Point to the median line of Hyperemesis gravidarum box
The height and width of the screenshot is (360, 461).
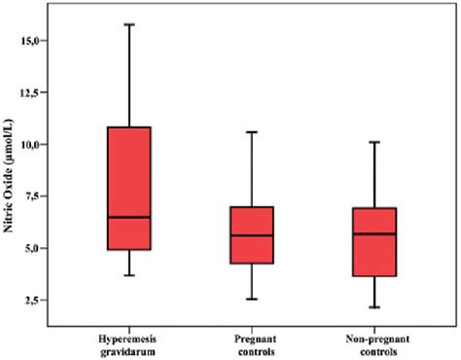pos(129,217)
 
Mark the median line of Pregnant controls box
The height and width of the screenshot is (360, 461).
pos(252,235)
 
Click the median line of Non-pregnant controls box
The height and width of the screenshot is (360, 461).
pos(374,234)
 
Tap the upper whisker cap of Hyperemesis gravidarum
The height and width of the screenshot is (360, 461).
pos(129,23)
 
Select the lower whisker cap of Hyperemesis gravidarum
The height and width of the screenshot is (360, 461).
pos(129,275)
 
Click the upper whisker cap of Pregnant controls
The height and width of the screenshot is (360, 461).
pos(252,131)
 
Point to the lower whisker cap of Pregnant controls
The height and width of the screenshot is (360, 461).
pos(252,299)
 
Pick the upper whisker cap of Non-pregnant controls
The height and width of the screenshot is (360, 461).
pos(374,142)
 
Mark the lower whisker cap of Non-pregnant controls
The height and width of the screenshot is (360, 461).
pos(374,307)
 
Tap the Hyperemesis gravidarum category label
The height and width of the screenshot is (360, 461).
pos(129,340)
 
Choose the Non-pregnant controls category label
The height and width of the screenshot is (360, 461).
pos(374,340)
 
